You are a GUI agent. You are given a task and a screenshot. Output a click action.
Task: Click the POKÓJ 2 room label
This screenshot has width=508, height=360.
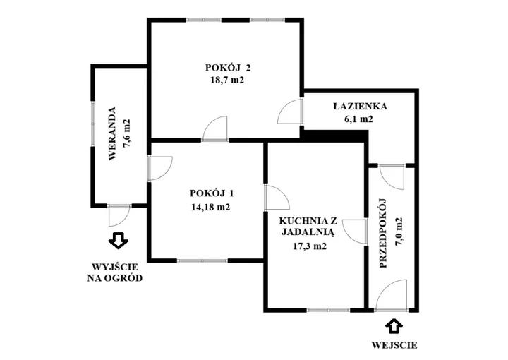[x=228, y=68]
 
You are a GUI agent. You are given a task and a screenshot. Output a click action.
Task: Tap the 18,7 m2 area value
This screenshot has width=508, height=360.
[x=227, y=80]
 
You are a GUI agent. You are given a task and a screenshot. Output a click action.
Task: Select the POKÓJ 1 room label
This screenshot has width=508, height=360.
[x=212, y=193]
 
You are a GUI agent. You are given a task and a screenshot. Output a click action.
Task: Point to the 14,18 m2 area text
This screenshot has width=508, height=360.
[x=210, y=207]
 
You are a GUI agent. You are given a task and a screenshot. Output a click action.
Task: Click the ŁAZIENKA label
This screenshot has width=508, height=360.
[x=361, y=106]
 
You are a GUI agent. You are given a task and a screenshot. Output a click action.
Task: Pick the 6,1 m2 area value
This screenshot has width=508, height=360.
[x=358, y=119]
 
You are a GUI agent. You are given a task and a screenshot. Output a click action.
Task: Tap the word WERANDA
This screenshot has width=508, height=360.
[x=112, y=133]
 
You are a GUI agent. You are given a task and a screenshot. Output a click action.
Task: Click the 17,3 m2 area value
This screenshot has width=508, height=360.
[x=310, y=246]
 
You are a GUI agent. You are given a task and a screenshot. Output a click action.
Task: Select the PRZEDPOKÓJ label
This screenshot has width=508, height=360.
[x=383, y=233]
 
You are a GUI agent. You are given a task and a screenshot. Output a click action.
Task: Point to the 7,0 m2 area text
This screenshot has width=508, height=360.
[x=399, y=232]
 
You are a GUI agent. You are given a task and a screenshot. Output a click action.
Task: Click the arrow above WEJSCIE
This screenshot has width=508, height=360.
[x=394, y=326]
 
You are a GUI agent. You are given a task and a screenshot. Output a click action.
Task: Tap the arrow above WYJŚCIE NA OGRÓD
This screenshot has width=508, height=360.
[x=119, y=240]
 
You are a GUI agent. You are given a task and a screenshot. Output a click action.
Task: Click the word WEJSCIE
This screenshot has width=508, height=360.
[x=394, y=345]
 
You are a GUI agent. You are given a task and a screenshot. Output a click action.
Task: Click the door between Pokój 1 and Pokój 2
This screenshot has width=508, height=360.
[x=215, y=129]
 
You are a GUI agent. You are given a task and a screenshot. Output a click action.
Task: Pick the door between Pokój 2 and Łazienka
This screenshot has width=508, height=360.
[x=291, y=111]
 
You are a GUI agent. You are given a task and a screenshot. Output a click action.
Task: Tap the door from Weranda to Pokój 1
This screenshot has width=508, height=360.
[x=160, y=168]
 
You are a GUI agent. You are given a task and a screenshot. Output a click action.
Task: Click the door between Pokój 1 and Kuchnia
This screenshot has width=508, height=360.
[x=277, y=198]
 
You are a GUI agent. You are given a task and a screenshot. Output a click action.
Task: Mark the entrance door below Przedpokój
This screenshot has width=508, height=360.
[x=392, y=296]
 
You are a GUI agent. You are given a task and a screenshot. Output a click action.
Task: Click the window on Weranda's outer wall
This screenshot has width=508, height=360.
[x=92, y=124]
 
